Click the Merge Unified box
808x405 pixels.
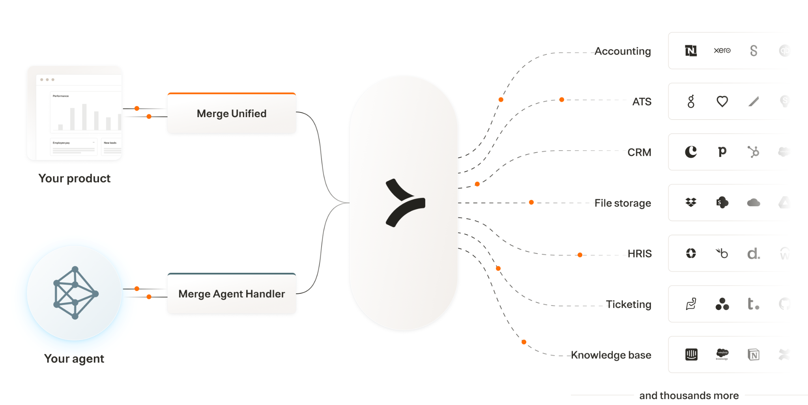(x=232, y=114)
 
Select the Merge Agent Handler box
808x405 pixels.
(x=232, y=294)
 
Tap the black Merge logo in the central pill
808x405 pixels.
(x=405, y=203)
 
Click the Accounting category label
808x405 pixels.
(x=623, y=51)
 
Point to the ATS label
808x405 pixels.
(x=642, y=102)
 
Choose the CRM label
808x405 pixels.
(x=639, y=152)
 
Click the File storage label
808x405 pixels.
(x=623, y=203)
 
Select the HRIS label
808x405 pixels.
(x=640, y=254)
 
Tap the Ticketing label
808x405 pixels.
(x=628, y=304)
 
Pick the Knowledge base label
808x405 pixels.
(x=611, y=355)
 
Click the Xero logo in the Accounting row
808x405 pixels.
(x=722, y=50)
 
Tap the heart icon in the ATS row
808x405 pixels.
(x=722, y=101)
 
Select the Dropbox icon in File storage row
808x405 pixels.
(x=691, y=203)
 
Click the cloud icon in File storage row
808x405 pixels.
(x=754, y=203)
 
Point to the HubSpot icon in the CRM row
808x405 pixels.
(x=754, y=152)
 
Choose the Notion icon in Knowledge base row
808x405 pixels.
(x=754, y=355)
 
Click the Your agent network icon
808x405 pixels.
(x=75, y=293)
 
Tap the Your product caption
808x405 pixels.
(x=74, y=178)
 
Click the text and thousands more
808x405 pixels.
(x=689, y=395)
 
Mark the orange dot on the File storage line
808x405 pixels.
(x=531, y=202)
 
